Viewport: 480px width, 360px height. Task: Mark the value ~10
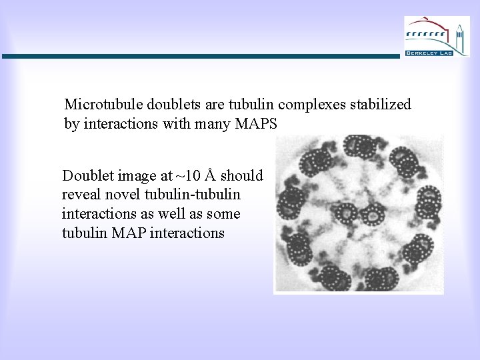[x=187, y=176]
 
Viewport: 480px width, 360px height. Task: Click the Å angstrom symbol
[x=211, y=175]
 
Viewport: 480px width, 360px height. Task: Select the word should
[x=242, y=176]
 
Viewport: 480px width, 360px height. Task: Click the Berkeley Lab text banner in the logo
[x=428, y=52]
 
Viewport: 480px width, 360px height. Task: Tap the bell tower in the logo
[x=459, y=35]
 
